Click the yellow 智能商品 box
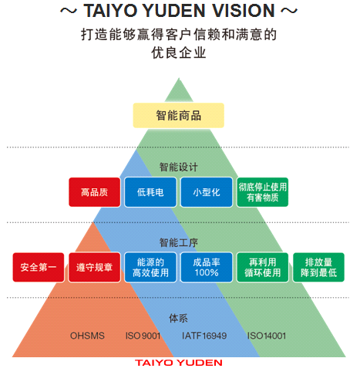(x=178, y=115)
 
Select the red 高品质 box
(x=94, y=192)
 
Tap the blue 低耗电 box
(x=150, y=192)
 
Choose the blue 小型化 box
(x=207, y=192)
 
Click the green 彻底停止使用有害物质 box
(x=262, y=192)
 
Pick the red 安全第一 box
(x=39, y=267)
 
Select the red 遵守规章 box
(x=94, y=267)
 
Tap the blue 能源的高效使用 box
(x=150, y=267)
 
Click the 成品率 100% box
(x=207, y=267)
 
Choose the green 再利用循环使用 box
(x=262, y=267)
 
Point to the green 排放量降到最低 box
(x=318, y=267)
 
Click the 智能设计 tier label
(x=179, y=167)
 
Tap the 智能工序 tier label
(x=179, y=242)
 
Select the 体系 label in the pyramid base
(x=178, y=318)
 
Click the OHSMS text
(x=87, y=336)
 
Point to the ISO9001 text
(x=143, y=336)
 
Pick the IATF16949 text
(x=204, y=336)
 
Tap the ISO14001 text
(x=267, y=336)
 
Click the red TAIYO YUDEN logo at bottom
(x=179, y=363)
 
